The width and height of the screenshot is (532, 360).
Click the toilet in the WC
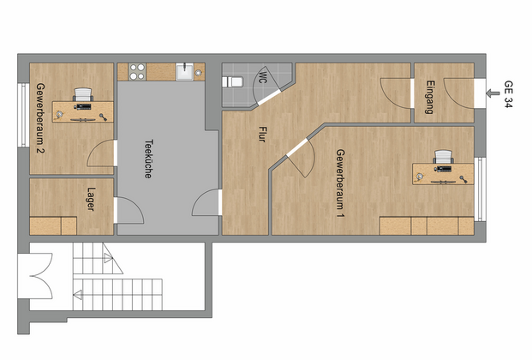click(232, 81)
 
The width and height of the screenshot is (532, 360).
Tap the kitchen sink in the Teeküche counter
click(184, 72)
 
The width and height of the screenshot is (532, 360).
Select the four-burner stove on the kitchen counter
click(137, 72)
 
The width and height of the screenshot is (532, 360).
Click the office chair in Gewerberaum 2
click(83, 94)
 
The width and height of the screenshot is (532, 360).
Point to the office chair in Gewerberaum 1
click(444, 157)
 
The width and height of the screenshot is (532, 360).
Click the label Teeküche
click(148, 159)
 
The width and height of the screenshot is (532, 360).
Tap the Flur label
click(261, 135)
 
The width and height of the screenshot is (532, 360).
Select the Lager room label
click(91, 199)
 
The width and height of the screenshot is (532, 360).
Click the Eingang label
click(429, 97)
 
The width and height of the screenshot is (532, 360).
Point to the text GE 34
click(508, 94)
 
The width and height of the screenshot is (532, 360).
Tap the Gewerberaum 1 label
click(340, 183)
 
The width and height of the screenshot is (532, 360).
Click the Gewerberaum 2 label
click(40, 118)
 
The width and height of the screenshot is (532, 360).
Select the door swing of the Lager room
click(129, 210)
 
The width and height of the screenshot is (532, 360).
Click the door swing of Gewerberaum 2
click(101, 153)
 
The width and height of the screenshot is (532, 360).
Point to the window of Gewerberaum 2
click(23, 115)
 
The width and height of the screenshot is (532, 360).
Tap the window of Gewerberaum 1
click(480, 189)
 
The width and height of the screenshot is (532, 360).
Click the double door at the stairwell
click(41, 276)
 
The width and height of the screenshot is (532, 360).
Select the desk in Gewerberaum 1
click(443, 174)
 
